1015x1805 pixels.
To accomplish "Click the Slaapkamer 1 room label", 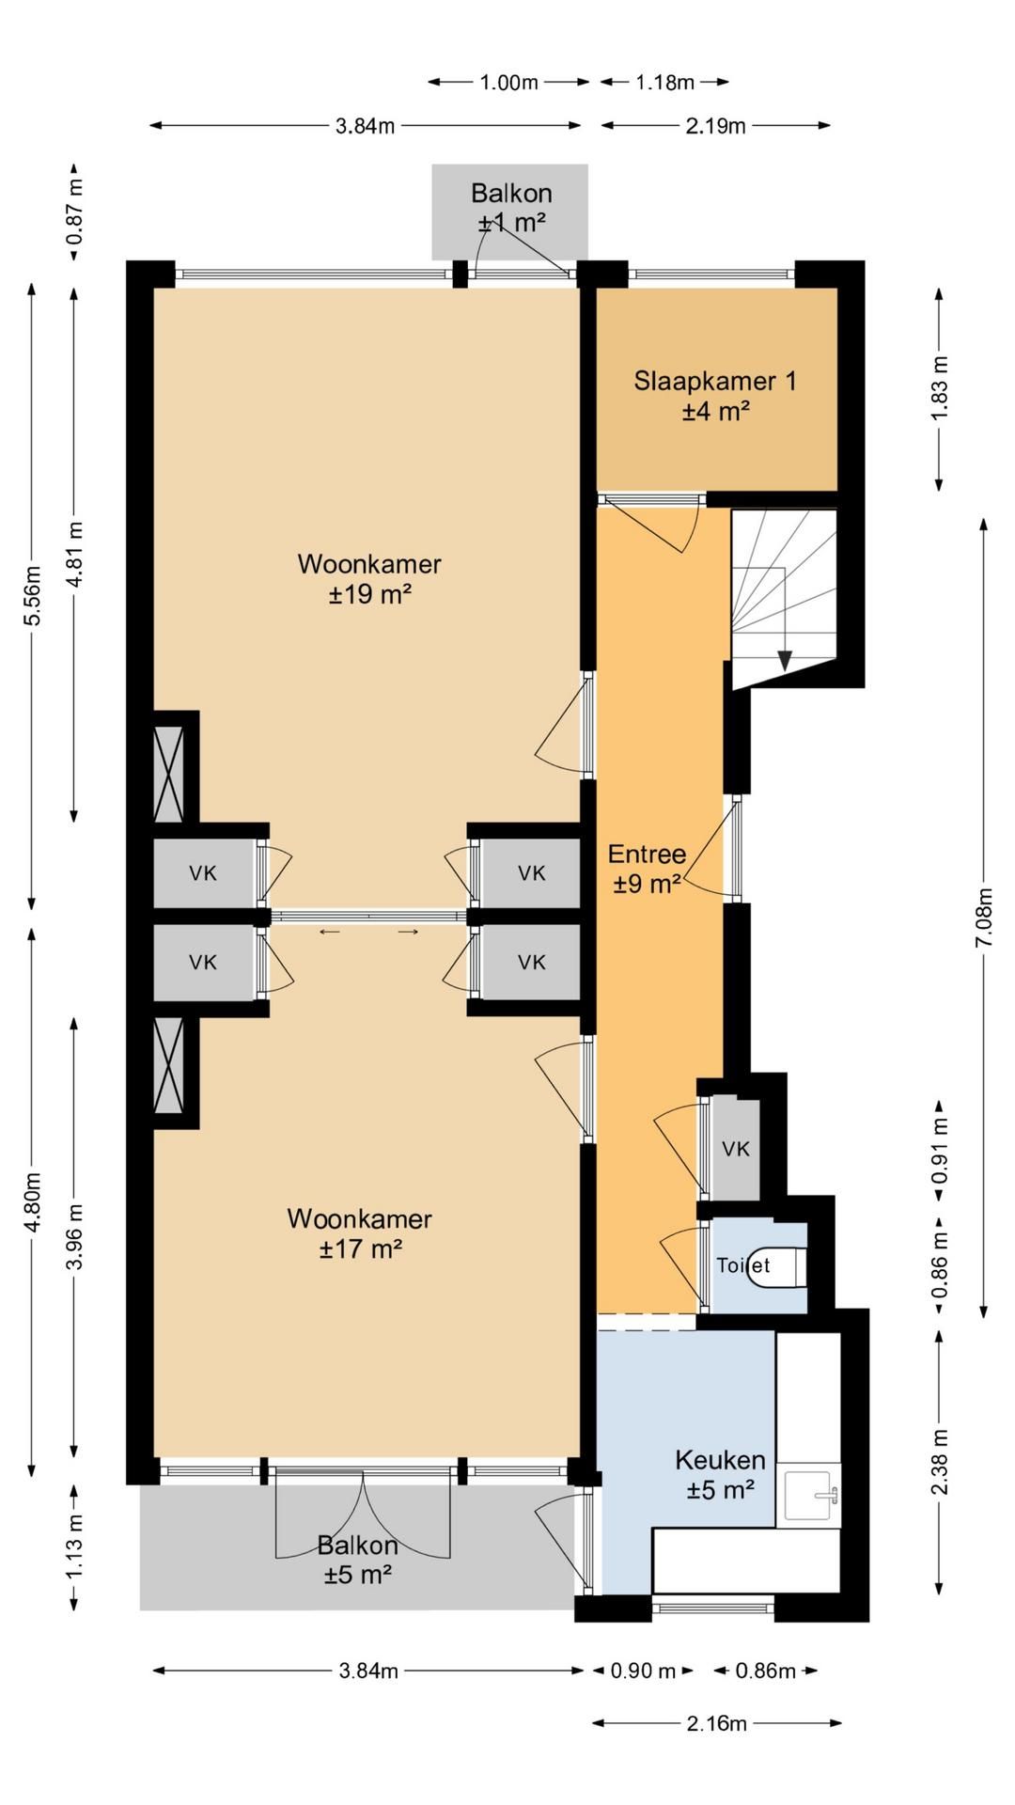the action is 714,381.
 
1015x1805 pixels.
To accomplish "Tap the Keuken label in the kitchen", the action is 720,1460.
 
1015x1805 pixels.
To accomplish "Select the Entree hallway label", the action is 647,855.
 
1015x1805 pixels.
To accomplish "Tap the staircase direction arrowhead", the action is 785,661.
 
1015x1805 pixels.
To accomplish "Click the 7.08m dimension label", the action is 984,917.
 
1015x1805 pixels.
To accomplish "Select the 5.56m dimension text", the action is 32,595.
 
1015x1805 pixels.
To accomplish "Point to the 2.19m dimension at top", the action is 716,126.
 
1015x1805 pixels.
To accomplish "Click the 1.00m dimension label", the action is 508,83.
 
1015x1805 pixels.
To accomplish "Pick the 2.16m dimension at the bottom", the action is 717,1723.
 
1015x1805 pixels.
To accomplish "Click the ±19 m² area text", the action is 369,594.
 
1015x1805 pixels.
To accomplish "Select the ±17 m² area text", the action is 361,1249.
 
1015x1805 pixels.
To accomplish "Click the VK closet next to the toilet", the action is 736,1148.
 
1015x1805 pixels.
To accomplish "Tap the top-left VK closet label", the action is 203,873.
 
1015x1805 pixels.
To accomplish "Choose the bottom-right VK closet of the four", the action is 532,962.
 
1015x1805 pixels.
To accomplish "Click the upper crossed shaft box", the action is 169,774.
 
